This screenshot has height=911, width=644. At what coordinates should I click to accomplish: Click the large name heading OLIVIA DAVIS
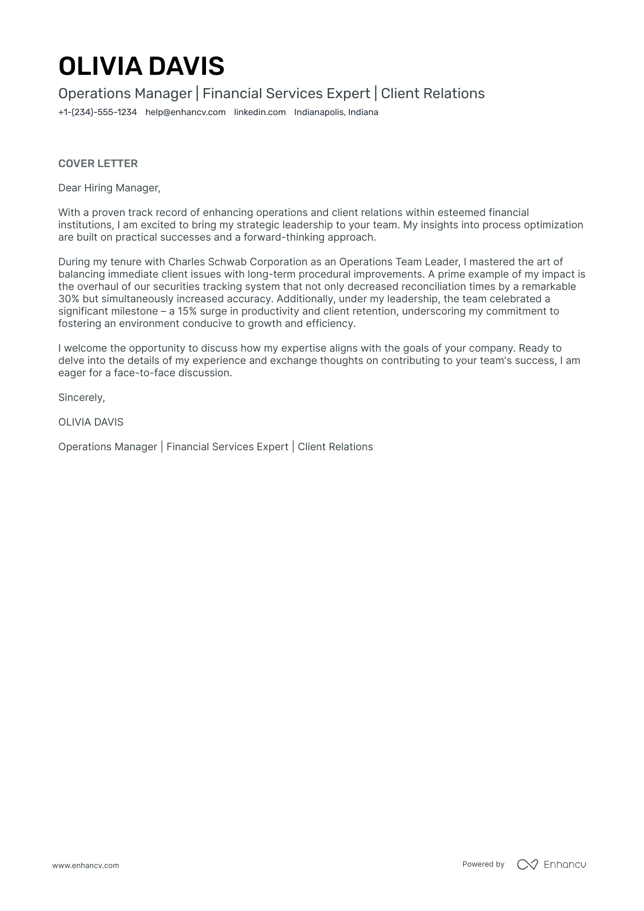[x=141, y=66]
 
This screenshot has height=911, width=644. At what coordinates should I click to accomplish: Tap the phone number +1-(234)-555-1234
[x=97, y=112]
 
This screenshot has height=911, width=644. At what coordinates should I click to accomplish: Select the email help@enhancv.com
[x=185, y=112]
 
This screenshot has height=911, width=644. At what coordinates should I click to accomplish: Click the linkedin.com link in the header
[x=259, y=112]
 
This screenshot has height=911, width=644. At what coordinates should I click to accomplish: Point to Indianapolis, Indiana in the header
[x=336, y=112]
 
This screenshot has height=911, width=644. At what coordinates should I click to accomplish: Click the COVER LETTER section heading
[x=98, y=163]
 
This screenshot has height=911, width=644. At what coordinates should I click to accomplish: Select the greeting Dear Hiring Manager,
[x=109, y=188]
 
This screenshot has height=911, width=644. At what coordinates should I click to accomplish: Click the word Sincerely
[x=81, y=398]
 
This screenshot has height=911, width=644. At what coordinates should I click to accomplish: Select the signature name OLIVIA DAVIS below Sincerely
[x=90, y=422]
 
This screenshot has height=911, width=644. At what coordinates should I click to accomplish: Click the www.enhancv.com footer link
[x=85, y=865]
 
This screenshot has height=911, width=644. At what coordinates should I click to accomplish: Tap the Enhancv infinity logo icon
[x=528, y=864]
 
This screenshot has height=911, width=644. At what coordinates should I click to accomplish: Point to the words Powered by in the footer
[x=483, y=864]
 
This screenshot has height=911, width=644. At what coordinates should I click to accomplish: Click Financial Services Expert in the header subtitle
[x=286, y=94]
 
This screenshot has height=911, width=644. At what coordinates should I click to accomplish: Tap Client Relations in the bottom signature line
[x=335, y=447]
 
